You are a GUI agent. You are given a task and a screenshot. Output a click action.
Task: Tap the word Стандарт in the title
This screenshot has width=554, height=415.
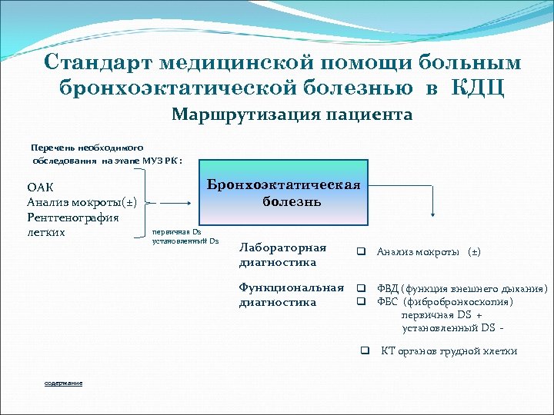pos(95,61)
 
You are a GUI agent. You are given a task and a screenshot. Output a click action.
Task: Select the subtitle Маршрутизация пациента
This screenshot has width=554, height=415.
pos(292,115)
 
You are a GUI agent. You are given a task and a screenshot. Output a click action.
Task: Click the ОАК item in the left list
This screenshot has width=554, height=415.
pos(40,188)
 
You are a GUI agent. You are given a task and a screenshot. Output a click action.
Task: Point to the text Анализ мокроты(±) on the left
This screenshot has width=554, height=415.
pos(82,203)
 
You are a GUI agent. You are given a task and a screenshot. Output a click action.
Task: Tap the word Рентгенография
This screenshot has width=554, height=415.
pos(73,217)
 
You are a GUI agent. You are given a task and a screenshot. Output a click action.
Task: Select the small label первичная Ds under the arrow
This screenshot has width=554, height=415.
pos(177,231)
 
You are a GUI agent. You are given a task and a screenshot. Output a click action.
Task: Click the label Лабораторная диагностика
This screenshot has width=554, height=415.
pos(282,254)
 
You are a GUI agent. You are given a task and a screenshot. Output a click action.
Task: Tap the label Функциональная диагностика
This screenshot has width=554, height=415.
pos(291,295)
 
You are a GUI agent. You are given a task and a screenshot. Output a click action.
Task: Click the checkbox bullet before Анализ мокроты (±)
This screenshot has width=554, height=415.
pos(359,252)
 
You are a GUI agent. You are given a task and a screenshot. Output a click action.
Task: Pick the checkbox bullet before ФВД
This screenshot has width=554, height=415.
pos(359,289)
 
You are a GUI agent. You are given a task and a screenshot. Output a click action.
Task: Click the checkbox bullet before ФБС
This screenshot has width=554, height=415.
pos(359,301)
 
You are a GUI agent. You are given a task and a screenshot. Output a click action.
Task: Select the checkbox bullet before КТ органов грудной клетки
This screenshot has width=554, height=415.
pos(365,350)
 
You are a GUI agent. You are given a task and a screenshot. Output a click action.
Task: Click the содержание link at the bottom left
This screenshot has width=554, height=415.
pos(63,383)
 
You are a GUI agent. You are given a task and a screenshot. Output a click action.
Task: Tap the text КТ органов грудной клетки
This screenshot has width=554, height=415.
pos(449,351)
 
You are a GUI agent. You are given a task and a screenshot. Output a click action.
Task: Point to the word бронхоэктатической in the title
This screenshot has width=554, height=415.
pos(233,87)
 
